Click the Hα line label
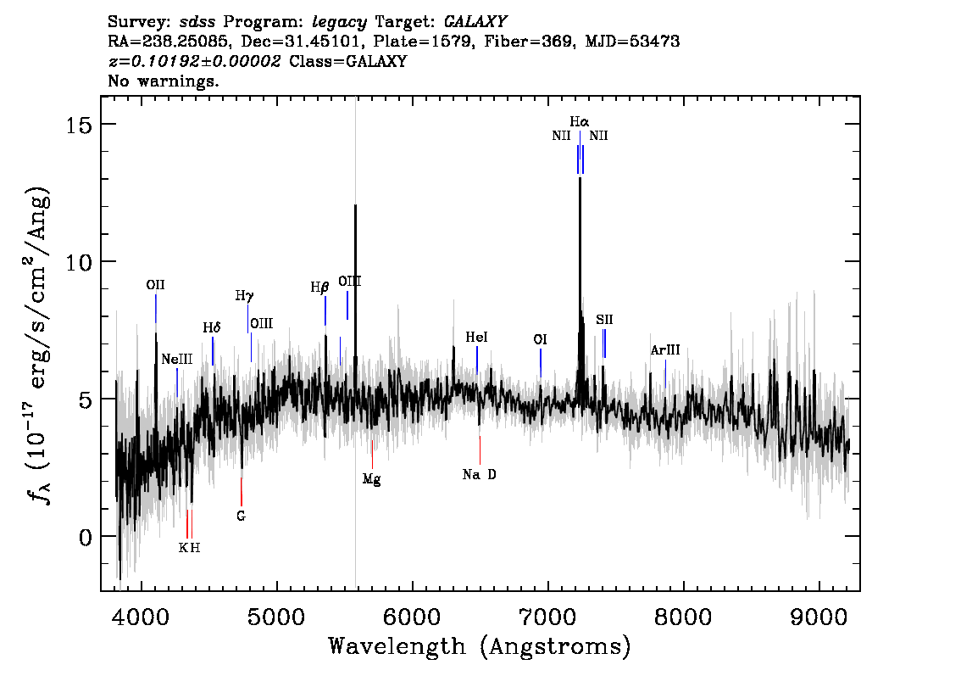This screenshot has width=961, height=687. click(579, 122)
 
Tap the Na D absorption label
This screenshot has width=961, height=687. click(480, 475)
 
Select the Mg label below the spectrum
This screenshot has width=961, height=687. click(371, 479)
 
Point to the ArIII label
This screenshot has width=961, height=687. click(665, 350)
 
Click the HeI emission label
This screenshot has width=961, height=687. click(477, 337)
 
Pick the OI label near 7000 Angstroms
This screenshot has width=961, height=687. click(540, 339)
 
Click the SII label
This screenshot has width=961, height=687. click(604, 320)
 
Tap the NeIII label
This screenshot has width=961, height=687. click(177, 359)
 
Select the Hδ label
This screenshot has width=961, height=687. click(212, 327)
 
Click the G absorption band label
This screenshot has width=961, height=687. click(241, 516)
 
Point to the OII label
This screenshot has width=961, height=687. click(156, 285)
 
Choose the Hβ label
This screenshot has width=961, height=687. click(319, 287)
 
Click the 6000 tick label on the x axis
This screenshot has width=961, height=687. click(413, 617)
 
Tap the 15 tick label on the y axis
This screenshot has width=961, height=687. click(79, 125)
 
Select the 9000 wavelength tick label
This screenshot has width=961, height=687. click(818, 617)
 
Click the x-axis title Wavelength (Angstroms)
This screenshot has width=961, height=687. click(480, 646)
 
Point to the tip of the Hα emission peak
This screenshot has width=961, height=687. click(580, 178)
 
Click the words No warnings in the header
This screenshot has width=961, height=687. click(163, 81)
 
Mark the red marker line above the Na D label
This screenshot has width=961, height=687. click(480, 450)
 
